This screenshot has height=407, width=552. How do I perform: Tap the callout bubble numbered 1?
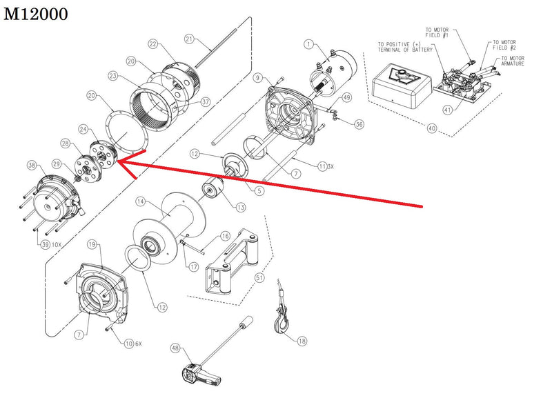pos(309,45)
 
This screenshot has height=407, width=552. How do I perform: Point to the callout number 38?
pos(31,166)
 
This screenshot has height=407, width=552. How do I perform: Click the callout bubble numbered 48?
pos(175,348)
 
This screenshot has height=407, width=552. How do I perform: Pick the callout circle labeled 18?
pos(302,340)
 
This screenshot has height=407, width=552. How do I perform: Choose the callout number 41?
pos(448,110)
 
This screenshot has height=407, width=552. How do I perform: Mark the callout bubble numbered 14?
pos(140,202)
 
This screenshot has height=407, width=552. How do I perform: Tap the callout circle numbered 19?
pos(92,244)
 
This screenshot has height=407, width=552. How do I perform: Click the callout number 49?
pos(346,98)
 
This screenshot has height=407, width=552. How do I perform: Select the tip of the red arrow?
pos(117,163)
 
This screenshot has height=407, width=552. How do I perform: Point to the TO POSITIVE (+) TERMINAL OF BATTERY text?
pos(406,47)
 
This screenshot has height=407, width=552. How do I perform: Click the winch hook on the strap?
pos(283,322)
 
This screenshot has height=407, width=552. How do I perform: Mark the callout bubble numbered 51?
pos(259,277)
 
